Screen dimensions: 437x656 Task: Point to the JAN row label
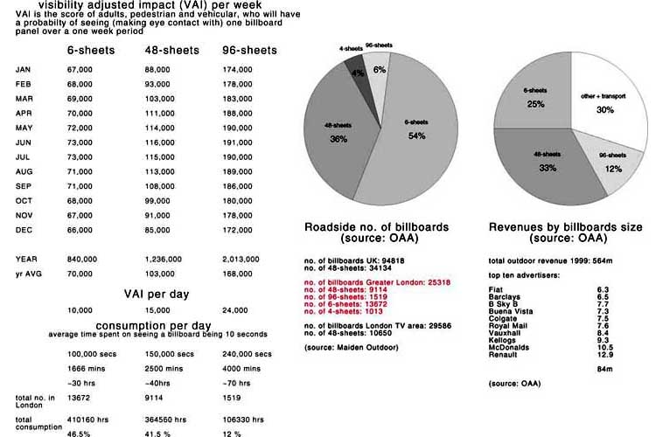pos(24,69)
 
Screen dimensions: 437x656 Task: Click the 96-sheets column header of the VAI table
pos(248,51)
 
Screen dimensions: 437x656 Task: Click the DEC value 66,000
pos(80,230)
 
